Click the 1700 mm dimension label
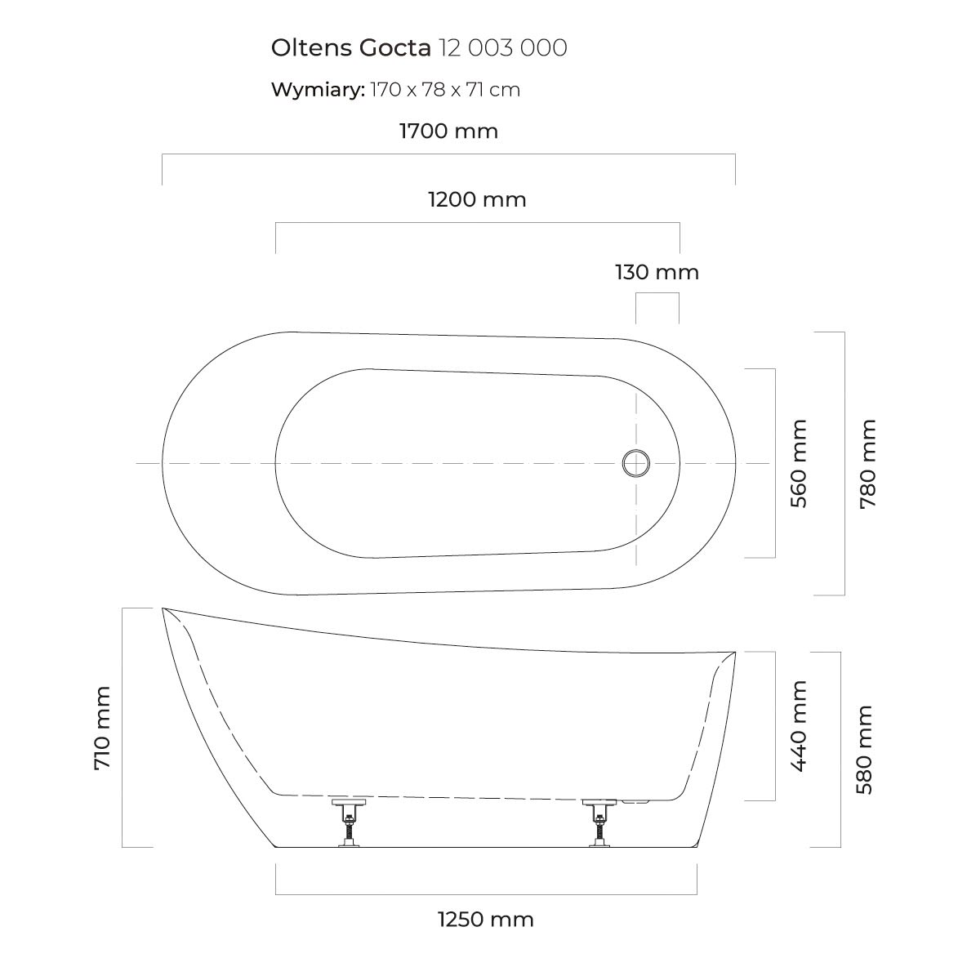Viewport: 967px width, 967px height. (448, 131)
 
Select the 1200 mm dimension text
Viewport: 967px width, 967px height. (477, 200)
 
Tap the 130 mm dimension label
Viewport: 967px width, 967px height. (657, 272)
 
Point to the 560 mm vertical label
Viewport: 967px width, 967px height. (799, 463)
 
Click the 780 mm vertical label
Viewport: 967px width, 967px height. (867, 463)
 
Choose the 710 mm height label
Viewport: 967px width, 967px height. (102, 728)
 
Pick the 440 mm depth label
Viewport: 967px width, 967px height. (799, 726)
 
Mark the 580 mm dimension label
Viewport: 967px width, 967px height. (865, 749)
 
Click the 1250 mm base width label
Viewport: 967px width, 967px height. (485, 920)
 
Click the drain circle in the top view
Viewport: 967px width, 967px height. (636, 463)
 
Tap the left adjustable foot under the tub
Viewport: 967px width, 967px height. (349, 822)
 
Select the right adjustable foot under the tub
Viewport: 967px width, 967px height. (599, 822)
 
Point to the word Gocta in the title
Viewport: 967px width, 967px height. (394, 48)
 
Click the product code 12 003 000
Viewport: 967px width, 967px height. (502, 48)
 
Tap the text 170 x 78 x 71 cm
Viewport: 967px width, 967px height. (445, 90)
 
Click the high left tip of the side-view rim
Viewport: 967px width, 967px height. (163, 608)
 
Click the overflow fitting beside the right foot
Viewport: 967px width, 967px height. (635, 802)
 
